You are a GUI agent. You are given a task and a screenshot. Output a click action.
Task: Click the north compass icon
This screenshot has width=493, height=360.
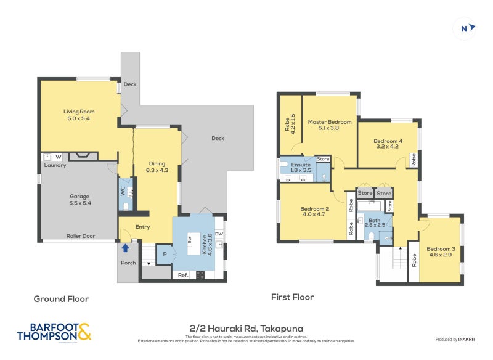tap(467, 28)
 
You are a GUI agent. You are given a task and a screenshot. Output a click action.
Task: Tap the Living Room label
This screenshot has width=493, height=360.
tap(79, 115)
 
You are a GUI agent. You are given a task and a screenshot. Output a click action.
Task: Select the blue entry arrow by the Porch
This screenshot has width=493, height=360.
tap(126, 248)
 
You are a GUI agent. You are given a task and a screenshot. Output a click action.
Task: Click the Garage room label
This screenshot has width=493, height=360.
tap(79, 200)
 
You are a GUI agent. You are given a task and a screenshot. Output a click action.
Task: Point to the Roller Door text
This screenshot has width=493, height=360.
tap(80, 235)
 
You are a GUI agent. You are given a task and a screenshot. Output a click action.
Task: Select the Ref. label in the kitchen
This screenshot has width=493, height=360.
tap(183, 275)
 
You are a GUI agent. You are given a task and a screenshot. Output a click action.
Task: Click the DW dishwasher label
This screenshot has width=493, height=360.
tap(219, 234)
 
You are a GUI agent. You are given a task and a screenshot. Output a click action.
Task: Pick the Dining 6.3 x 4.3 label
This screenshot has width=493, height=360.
tap(157, 166)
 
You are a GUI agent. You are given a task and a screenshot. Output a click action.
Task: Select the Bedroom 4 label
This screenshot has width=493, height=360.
tap(387, 144)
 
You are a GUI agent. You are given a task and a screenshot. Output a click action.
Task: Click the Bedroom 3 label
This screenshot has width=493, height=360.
tap(441, 252)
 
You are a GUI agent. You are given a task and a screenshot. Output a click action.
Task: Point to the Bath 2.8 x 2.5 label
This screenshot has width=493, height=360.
tap(375, 223)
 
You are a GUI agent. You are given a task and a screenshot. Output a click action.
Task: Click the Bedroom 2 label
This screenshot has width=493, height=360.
tap(315, 211)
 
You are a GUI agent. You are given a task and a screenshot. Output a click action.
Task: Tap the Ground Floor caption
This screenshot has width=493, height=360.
tap(61, 298)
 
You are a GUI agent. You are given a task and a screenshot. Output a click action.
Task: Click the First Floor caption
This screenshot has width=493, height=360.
tap(293, 297)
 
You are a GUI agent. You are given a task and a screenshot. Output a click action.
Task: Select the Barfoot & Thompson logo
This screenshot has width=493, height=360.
tap(54, 332)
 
